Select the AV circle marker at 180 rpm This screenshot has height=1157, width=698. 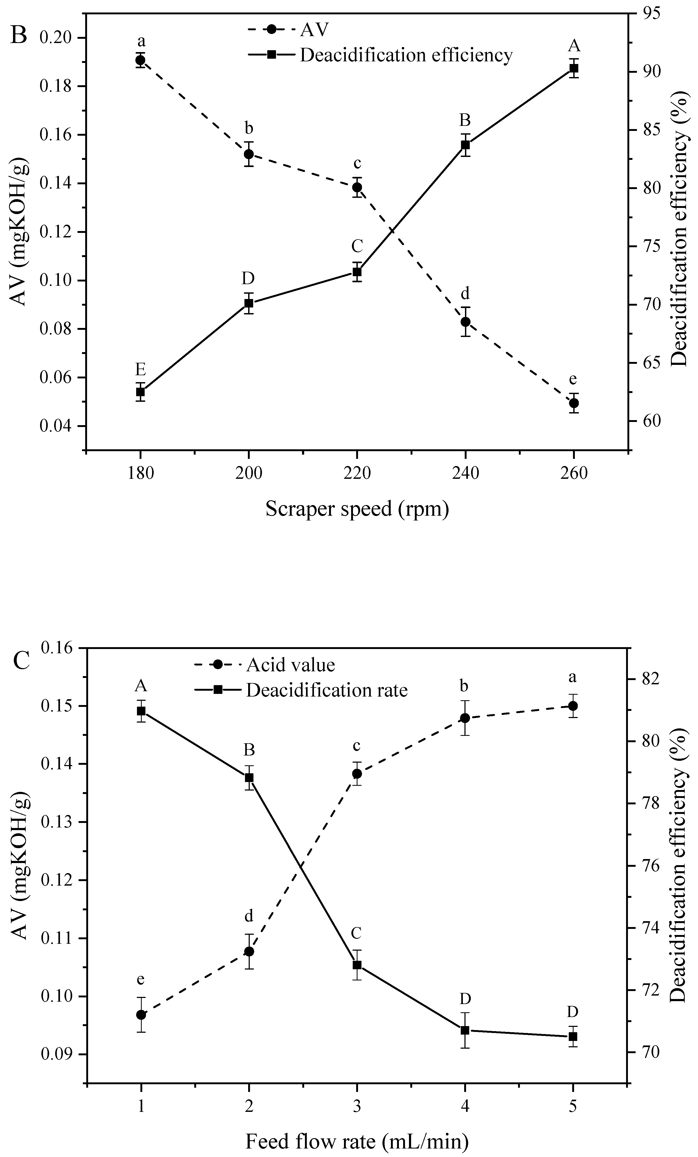click(x=140, y=60)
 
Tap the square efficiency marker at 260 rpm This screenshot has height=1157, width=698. click(x=573, y=68)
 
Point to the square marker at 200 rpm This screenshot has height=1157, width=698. click(x=249, y=303)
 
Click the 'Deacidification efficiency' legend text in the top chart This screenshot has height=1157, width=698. click(x=406, y=55)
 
